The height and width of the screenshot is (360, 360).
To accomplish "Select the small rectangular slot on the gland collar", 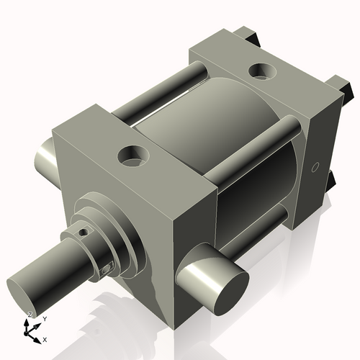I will click(x=107, y=268).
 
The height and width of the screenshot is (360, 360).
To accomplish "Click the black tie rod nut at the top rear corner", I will click(x=249, y=35).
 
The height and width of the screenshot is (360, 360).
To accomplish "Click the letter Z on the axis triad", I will click(x=29, y=315).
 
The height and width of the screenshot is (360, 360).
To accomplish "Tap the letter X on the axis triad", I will click(x=45, y=338).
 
